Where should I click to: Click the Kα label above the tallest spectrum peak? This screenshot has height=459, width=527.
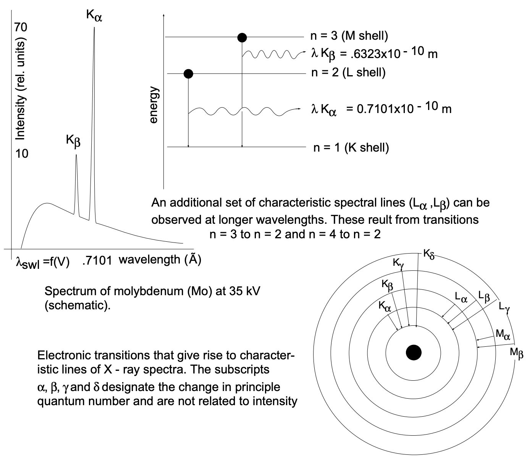94,16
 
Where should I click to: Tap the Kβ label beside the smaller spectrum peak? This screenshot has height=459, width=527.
73,141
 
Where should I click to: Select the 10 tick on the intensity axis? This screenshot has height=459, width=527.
22,154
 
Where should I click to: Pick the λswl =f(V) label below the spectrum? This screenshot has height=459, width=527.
42,263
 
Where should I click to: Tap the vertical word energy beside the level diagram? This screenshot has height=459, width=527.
154,105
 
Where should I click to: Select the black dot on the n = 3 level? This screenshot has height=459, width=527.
242,37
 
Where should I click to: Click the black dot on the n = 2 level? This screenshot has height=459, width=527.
188,74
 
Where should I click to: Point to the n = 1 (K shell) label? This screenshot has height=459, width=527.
351,147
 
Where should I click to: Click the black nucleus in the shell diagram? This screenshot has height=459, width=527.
414,352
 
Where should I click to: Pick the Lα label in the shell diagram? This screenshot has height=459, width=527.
461,297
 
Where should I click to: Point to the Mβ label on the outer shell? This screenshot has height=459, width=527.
516,353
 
